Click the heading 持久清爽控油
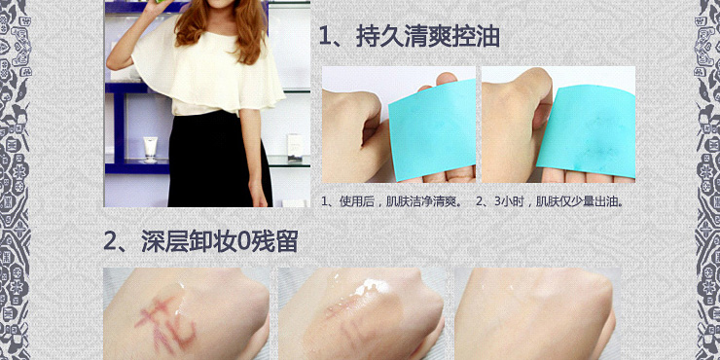(428, 37)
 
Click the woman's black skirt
(215, 161)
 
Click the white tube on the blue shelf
(150, 149)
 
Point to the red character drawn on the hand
(166, 321)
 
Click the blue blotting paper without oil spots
(432, 128)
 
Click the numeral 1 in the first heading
(325, 38)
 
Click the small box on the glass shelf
(295, 148)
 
